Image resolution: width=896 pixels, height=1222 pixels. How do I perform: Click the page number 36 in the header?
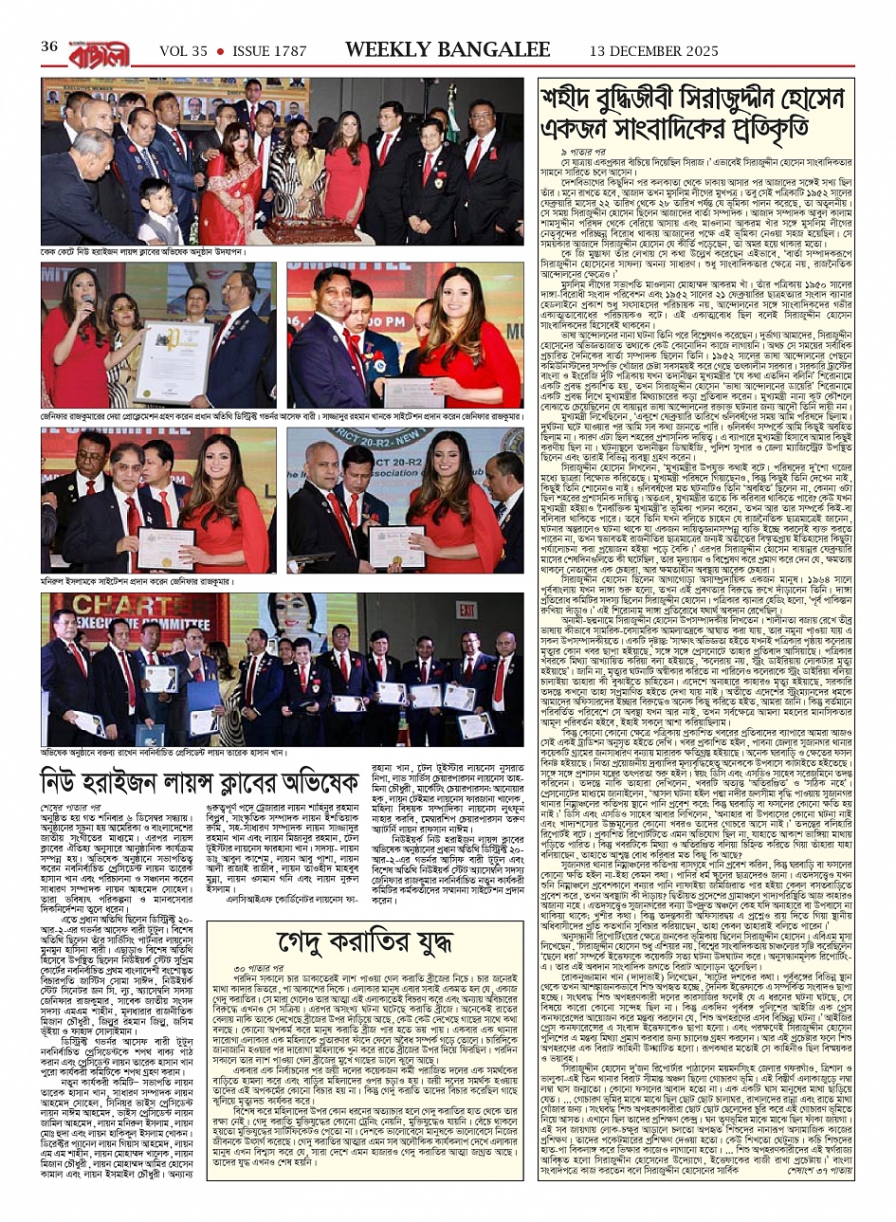[48, 46]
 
